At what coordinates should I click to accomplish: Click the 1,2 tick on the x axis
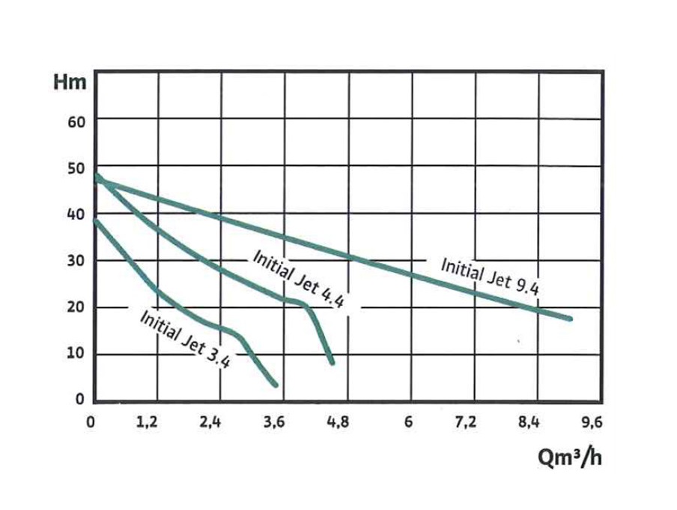pos(150,423)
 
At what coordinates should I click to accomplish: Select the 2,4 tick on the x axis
pos(212,423)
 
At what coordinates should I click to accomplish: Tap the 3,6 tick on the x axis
pos(275,423)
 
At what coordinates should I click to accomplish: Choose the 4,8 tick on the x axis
pos(338,423)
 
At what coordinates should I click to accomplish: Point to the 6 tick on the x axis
pos(409,423)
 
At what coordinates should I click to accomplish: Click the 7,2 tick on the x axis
pos(466,423)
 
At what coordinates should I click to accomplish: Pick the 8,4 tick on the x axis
pos(529,423)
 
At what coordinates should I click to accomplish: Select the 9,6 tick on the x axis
pos(592,423)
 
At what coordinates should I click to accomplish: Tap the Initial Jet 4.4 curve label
pos(298,279)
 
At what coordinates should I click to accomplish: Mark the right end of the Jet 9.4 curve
pos(570,319)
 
